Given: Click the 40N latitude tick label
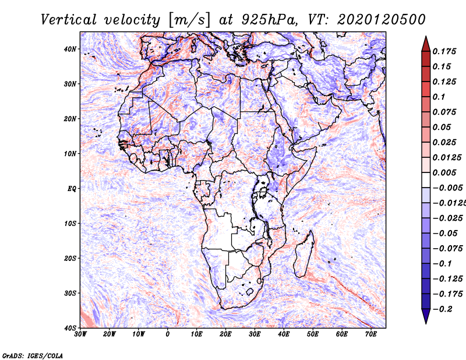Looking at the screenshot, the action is tap(70, 49).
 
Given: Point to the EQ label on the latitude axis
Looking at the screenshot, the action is tap(72, 189).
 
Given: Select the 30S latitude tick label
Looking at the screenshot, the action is tap(70, 294).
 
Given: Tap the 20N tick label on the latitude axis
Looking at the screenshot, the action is tap(70, 119).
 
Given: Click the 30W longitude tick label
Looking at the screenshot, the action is tap(80, 334).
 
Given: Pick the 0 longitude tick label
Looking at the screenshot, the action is tap(168, 334).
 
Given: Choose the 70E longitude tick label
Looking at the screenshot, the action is tap(371, 334).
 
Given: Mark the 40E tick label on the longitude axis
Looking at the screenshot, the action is tap(284, 334).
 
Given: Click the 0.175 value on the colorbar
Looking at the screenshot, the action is tap(444, 51).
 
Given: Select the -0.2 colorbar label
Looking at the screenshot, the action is tap(442, 309).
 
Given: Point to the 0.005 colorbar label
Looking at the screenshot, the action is tap(444, 172).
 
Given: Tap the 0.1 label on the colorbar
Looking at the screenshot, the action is tap(439, 97).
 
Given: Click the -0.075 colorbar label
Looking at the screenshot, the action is tap(448, 249).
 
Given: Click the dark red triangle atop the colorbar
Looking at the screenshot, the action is tap(426, 44).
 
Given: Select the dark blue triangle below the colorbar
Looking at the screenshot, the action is tap(426, 316).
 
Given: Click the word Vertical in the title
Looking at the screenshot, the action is tap(69, 20).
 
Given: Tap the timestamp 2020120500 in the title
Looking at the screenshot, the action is tap(382, 20).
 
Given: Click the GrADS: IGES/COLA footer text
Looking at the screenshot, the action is tap(33, 356).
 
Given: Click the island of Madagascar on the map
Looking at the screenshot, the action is tap(303, 255).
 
